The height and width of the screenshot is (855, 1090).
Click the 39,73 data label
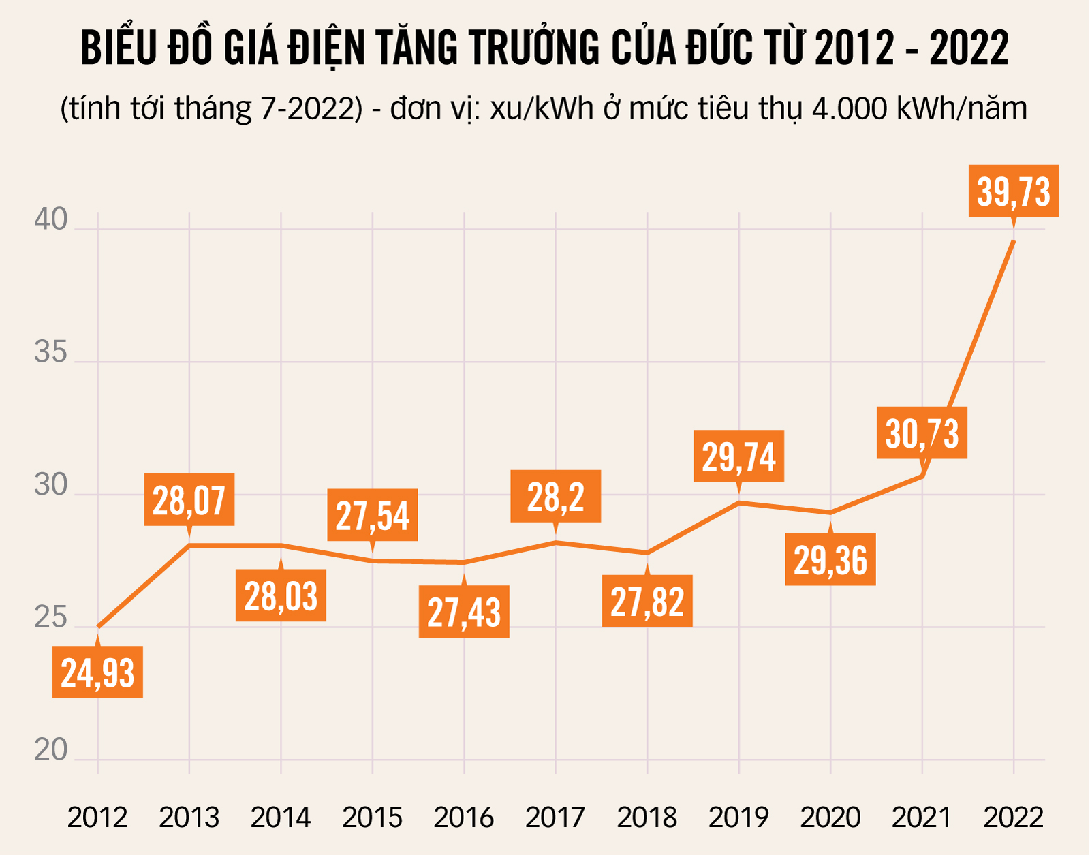(1014, 191)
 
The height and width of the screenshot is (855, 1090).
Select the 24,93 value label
(97, 672)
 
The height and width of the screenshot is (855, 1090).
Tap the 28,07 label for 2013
(189, 500)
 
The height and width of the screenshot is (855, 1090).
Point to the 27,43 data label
(464, 612)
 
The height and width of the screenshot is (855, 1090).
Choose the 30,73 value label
(922, 433)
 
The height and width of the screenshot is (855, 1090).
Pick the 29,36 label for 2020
(830, 560)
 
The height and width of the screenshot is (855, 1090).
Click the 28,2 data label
(556, 497)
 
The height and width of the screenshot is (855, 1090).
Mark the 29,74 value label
(738, 456)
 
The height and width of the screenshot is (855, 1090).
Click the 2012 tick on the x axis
(97, 817)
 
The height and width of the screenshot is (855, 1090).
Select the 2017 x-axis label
(555, 817)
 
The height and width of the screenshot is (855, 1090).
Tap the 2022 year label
(1013, 817)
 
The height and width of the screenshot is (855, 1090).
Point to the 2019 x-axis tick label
(738, 817)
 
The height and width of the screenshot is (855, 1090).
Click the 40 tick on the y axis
(51, 220)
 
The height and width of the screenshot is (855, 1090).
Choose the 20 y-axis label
(51, 750)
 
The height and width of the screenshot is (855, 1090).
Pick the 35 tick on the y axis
(51, 353)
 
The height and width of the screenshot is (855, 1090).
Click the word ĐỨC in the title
(721, 48)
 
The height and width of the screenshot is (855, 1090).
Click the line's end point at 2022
(1014, 241)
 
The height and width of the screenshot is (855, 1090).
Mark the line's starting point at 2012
(98, 627)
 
